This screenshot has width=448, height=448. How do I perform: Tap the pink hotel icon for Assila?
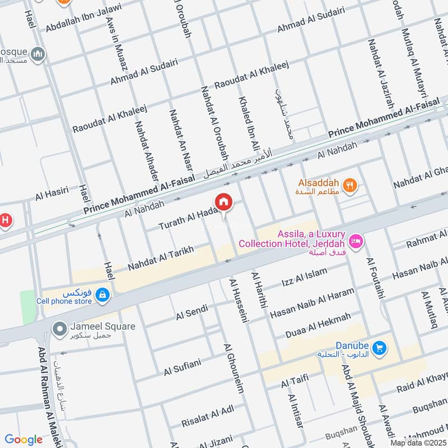pyautogui.click(x=354, y=242)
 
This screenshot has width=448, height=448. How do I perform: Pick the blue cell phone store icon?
pyautogui.click(x=102, y=294)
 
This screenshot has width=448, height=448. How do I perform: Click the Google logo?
pyautogui.click(x=23, y=440)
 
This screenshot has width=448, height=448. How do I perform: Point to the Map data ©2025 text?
pyautogui.click(x=417, y=442)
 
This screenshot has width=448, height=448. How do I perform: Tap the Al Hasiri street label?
pyautogui.click(x=52, y=194)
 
